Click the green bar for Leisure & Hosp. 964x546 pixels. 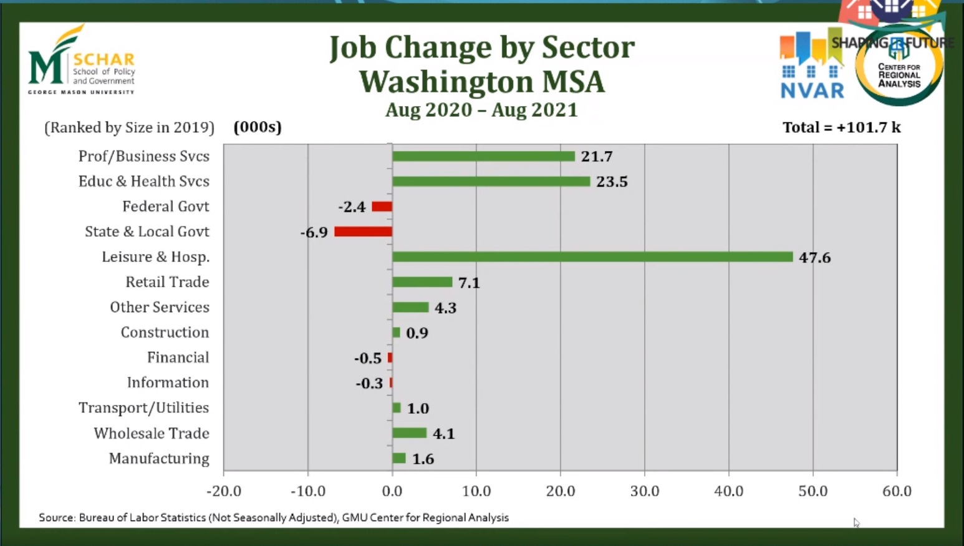pos(592,257)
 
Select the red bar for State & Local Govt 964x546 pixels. pos(363,232)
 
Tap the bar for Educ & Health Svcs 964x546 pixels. pos(491,182)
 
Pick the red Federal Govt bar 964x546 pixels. pos(382,207)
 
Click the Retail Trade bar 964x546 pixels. pos(422,282)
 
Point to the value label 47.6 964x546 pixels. pos(814,258)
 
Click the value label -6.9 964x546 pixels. pos(314,233)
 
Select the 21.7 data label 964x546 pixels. pos(597,157)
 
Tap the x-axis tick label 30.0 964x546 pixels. pos(644,491)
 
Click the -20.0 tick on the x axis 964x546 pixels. pos(224,491)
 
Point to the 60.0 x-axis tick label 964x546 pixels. pos(897,491)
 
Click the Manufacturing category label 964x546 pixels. pos(159,459)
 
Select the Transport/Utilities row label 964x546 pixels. pos(144,408)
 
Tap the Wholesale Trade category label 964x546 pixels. pos(152,433)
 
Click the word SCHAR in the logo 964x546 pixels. pos(104,60)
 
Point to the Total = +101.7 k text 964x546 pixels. pos(841,127)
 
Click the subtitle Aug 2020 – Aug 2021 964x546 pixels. pos(481,110)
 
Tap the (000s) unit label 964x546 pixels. pos(258,127)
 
